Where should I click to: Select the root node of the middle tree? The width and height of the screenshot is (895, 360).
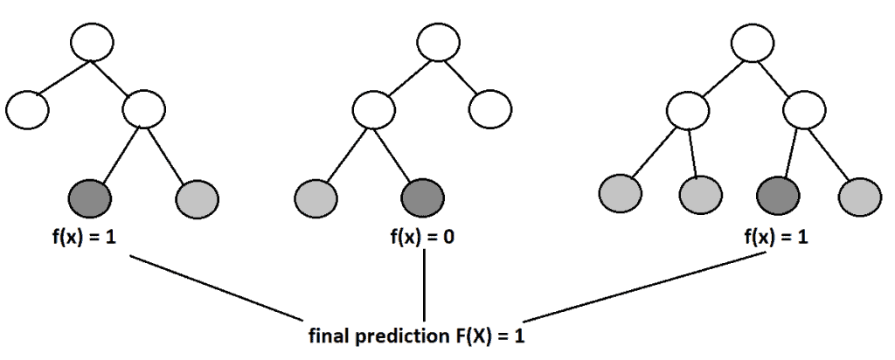click(438, 40)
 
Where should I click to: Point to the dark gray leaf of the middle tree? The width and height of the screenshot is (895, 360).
click(424, 196)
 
